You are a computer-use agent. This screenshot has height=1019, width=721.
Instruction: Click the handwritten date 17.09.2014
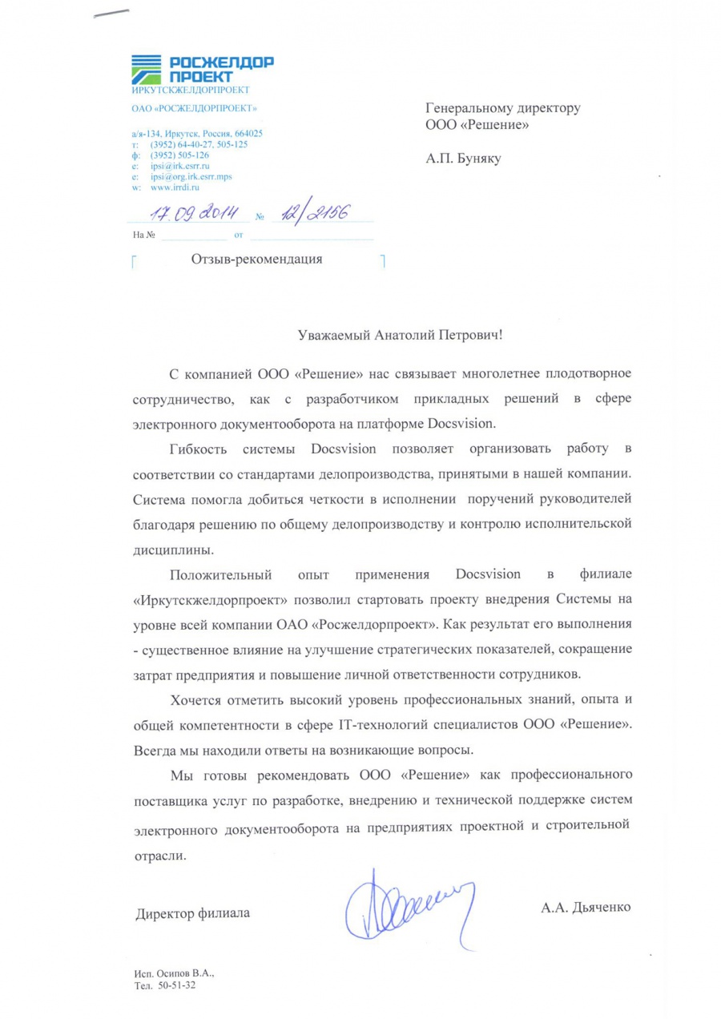point(191,214)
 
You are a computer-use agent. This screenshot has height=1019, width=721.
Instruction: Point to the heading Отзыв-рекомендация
point(257,259)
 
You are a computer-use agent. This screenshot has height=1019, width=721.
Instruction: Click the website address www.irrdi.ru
point(174,187)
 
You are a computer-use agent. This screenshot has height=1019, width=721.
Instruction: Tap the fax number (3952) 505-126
point(179,155)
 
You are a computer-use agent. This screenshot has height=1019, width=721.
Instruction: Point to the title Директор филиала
point(192,912)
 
